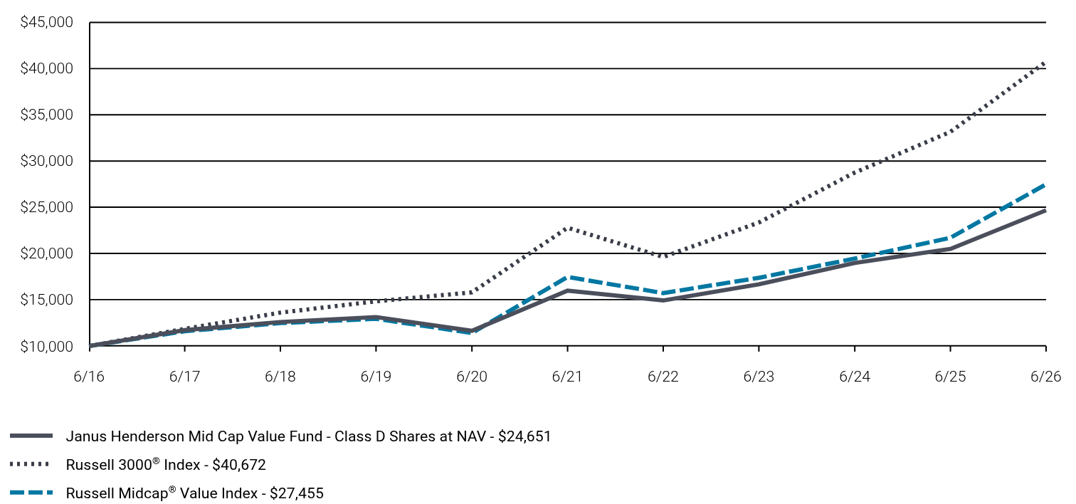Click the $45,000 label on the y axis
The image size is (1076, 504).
[46, 22]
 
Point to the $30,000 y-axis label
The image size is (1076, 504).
[46, 161]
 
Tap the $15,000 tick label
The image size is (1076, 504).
[46, 300]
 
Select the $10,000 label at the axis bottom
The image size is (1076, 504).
[46, 347]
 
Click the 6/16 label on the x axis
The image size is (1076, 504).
[89, 376]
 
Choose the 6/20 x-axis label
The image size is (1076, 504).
[472, 376]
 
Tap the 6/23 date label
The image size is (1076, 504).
[759, 376]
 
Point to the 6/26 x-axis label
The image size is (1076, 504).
[1045, 376]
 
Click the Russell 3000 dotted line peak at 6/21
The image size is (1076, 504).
[568, 228]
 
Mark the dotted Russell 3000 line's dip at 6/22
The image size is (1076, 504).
[663, 256]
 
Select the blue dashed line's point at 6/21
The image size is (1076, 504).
[568, 277]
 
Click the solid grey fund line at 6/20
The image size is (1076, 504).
[472, 331]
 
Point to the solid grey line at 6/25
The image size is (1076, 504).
[951, 248]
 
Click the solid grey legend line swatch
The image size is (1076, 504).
[31, 436]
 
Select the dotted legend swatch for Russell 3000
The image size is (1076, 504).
[30, 464]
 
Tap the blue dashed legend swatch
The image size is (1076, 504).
[31, 493]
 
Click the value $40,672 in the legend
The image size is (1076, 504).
[239, 465]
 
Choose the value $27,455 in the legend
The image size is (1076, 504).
[297, 493]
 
